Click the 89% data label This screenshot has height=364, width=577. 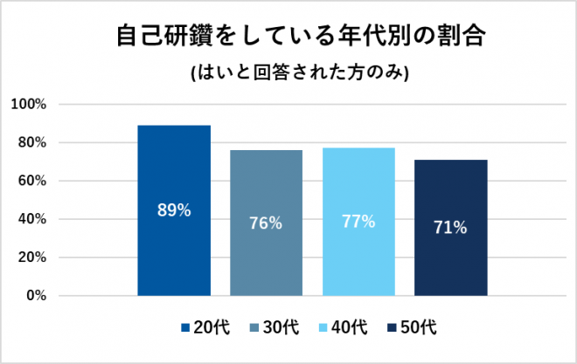[x=174, y=210]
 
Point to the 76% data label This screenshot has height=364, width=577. [x=266, y=223]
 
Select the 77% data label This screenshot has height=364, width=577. [x=358, y=222]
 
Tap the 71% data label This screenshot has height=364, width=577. [x=450, y=228]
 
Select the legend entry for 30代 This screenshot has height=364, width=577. [x=273, y=328]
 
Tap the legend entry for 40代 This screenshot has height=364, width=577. [x=342, y=328]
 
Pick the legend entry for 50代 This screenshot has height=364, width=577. [x=411, y=328]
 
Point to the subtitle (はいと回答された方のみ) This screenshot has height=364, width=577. [x=289, y=73]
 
